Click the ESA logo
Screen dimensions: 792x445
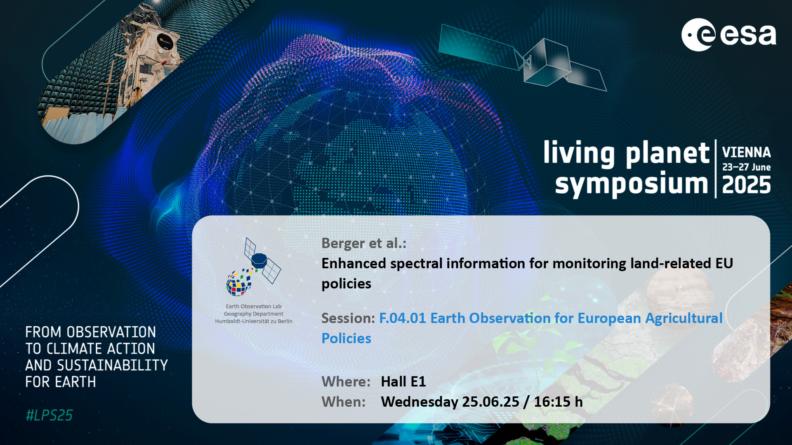click(728, 35)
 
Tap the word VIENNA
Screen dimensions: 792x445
click(746, 152)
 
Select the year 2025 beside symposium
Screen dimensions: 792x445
click(746, 185)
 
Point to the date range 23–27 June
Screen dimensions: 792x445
click(746, 167)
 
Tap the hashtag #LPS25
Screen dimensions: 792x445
click(49, 415)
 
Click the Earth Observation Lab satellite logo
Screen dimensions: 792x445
click(253, 267)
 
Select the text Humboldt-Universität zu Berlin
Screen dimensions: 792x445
click(254, 321)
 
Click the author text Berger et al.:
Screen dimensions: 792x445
click(364, 244)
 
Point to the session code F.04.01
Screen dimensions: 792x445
click(402, 318)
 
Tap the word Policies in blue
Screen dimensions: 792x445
click(346, 338)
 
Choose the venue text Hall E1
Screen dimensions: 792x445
click(403, 382)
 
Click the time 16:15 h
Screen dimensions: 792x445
click(559, 402)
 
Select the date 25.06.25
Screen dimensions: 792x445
click(490, 402)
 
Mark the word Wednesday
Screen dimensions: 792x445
click(420, 402)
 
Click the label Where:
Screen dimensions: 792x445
click(346, 382)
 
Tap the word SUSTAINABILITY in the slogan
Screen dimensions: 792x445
click(112, 365)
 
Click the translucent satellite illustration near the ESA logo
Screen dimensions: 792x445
click(522, 58)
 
